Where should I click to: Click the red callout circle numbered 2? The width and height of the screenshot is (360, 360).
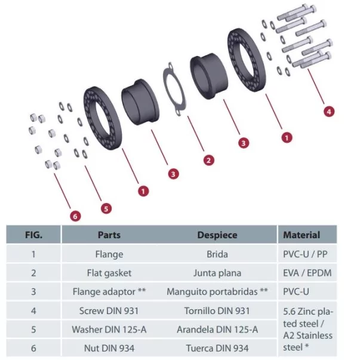[x=208, y=160]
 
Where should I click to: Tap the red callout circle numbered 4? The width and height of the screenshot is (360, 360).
[x=329, y=110]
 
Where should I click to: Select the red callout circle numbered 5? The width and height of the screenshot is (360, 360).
[x=106, y=208]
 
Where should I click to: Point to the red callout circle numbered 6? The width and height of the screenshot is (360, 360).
[x=75, y=216]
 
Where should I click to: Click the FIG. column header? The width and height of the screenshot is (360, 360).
[x=33, y=235]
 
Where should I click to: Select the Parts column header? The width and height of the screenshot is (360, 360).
[x=109, y=235]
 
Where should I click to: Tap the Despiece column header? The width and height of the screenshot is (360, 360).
[x=217, y=235]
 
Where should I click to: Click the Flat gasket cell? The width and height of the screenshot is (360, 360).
[x=109, y=273]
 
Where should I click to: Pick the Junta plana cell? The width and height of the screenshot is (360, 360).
[x=217, y=273]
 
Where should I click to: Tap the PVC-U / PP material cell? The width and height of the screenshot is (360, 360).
[x=305, y=254]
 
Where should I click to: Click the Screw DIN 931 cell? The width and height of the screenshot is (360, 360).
[x=109, y=311]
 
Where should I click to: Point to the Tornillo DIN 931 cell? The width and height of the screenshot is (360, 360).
[x=217, y=311]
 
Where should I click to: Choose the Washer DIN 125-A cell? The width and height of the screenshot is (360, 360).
[x=109, y=330]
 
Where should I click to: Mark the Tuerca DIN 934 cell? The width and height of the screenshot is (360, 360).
[x=217, y=348]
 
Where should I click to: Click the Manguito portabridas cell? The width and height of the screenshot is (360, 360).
[x=217, y=293]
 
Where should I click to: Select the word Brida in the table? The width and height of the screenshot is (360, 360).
[x=217, y=254]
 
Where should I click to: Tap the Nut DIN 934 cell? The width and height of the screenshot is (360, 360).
[x=109, y=348]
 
